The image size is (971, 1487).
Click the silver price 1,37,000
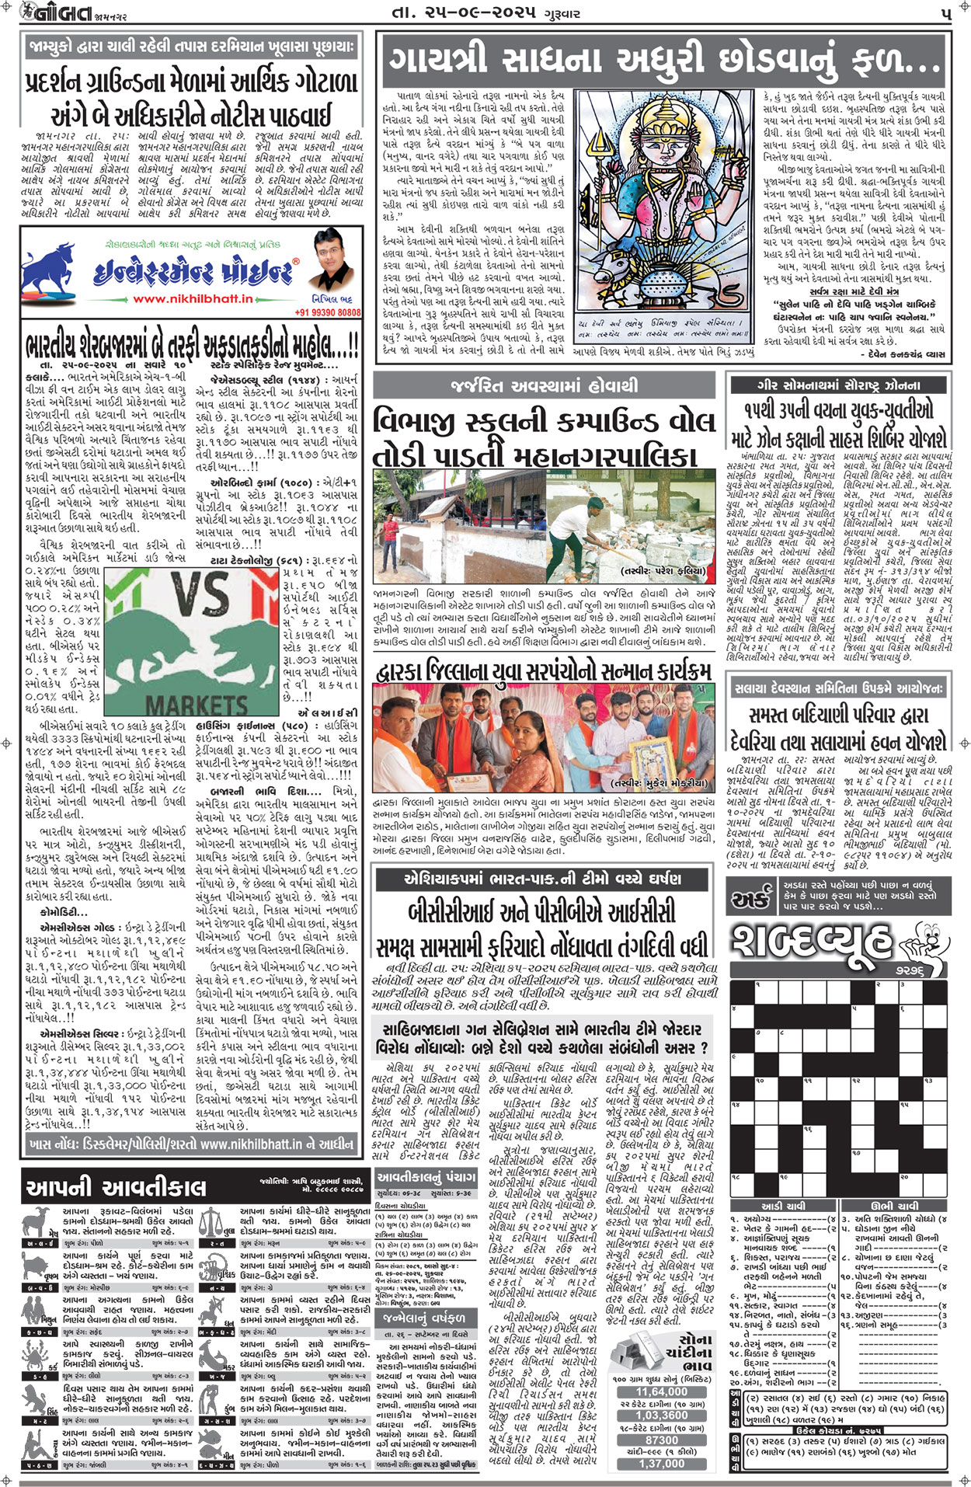[x=662, y=1463]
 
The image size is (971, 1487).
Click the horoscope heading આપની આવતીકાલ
[x=116, y=1187]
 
